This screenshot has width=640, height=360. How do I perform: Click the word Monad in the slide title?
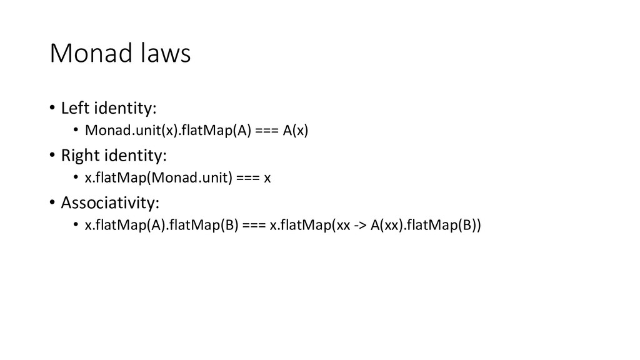pyautogui.click(x=89, y=54)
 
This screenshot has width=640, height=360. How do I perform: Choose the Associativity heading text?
pyautogui.click(x=109, y=202)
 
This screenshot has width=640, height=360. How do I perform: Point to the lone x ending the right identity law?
pyautogui.click(x=267, y=179)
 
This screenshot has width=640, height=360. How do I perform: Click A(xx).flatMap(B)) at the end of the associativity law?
pyautogui.click(x=426, y=226)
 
